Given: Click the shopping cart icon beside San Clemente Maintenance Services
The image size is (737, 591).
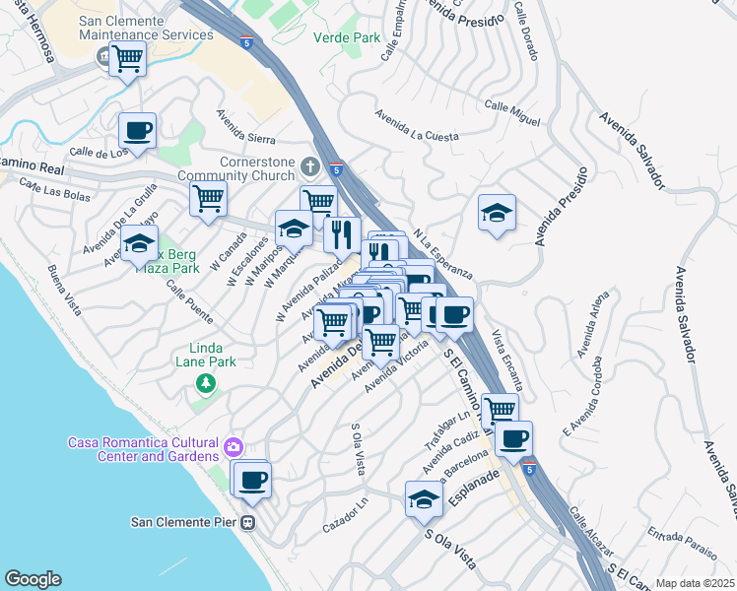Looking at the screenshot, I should [x=127, y=59].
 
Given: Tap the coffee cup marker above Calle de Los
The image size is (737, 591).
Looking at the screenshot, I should [x=137, y=130].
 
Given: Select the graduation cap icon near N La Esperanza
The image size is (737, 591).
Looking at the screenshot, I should [x=497, y=213].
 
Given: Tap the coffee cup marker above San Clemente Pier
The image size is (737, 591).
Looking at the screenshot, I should [x=252, y=479].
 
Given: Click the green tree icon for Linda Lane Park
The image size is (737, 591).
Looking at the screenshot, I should [x=205, y=382].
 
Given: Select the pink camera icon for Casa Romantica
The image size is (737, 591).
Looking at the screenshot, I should [x=233, y=447].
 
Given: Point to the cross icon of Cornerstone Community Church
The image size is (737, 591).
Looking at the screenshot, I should [x=310, y=165].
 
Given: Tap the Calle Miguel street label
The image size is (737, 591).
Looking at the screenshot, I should [x=511, y=113].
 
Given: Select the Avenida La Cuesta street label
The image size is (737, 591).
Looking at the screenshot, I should [x=416, y=126].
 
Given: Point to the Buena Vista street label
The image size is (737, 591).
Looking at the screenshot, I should [x=64, y=289].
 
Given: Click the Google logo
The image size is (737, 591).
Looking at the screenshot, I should [x=33, y=579].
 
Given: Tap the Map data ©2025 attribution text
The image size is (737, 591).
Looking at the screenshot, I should [x=695, y=583].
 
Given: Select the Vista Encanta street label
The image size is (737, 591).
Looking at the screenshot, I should [x=507, y=359].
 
